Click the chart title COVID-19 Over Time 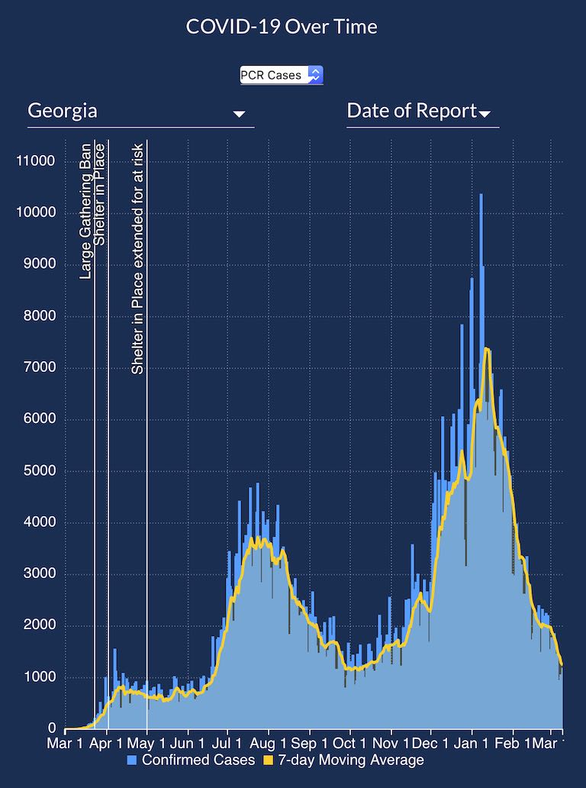tap(282, 27)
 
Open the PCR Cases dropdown tap(282, 75)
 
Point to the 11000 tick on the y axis tap(36, 161)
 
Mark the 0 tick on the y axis tap(52, 729)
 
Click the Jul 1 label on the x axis tap(227, 743)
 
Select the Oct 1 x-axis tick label tap(348, 743)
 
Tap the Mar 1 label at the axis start tap(65, 743)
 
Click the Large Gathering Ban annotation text tap(85, 211)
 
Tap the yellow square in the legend tap(268, 761)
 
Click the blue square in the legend tap(132, 761)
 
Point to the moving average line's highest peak tap(487, 349)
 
